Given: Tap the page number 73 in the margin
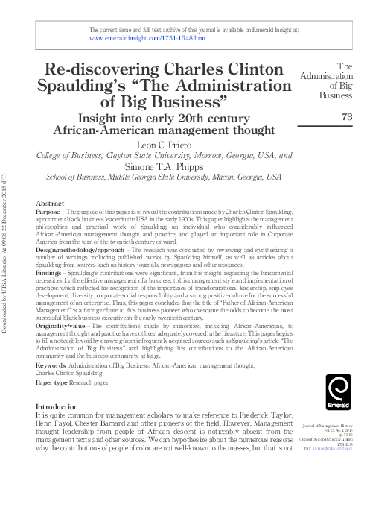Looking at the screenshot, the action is pos(346,116).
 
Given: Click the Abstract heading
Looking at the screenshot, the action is pos(49,204).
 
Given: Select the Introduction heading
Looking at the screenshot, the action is pos(58,407).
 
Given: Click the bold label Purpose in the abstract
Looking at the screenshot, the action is pos(48,212).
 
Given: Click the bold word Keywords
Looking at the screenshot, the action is pos(51,365).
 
